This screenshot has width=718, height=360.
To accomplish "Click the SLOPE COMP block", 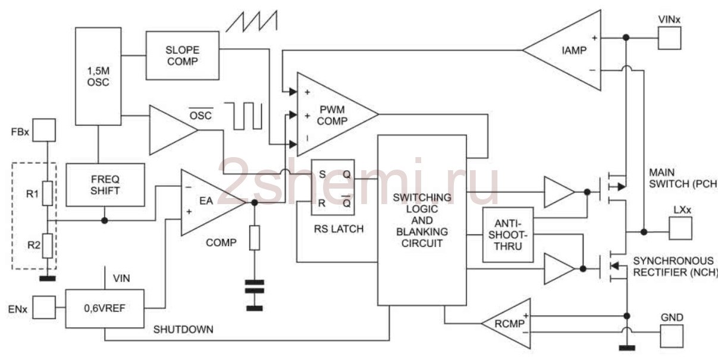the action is tap(183, 55).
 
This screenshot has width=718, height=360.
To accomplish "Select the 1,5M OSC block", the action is tap(98, 76).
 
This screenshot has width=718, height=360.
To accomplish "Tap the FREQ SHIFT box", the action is tap(105, 185).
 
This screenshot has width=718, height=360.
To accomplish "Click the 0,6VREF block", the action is tap(105, 309).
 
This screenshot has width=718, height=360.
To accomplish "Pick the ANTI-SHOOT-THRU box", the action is tap(508, 234).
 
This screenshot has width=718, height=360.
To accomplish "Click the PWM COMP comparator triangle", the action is tap(337, 114).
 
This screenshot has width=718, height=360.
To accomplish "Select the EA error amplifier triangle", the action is tap(213, 202).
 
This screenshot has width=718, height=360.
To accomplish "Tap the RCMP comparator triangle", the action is tap(506, 324).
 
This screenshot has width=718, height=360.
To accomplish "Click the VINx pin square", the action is tap(670, 38).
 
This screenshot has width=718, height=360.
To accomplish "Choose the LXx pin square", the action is tap(681, 228).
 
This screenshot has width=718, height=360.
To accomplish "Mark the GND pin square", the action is tap(672, 336).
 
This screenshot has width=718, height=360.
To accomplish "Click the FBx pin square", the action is tap(44, 130).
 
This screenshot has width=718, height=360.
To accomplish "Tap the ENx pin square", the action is tap(44, 308).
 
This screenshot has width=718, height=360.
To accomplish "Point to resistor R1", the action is tap(48, 193).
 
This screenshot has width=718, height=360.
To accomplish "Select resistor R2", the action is tap(48, 246).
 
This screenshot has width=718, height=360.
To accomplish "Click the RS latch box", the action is tap(333, 187).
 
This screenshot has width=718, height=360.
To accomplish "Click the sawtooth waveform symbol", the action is tap(251, 21).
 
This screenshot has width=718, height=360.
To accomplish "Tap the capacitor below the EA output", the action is tap(255, 287).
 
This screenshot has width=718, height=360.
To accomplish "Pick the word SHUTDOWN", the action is tap(183, 330).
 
